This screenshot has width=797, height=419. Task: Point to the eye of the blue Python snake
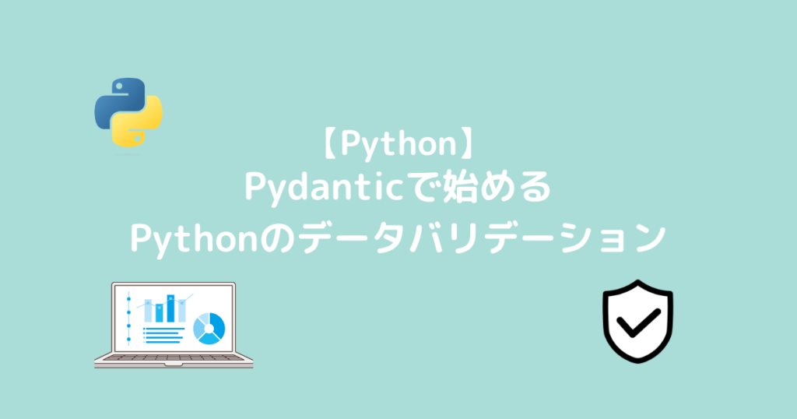(x=117, y=86)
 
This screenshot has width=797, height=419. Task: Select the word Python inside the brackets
(x=398, y=146)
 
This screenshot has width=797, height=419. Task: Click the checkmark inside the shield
(x=637, y=321)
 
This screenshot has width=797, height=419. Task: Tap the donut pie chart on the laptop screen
(x=209, y=328)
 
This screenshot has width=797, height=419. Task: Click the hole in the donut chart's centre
(x=209, y=328)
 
